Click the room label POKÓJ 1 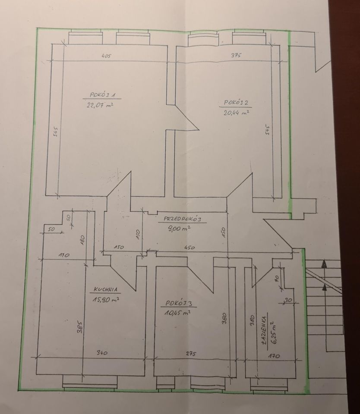pos(102,94)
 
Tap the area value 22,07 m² pos(100,105)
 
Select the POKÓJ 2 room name pos(236,103)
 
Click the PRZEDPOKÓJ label pos(183,219)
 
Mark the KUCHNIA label pos(105,289)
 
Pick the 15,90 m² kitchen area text pos(105,299)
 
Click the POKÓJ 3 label pos(179,303)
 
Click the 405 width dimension pos(106,56)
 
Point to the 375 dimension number pos(236,55)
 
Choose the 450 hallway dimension pos(189,248)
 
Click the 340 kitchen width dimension pos(102,352)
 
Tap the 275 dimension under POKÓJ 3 pos(190,354)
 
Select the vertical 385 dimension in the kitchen pos(81,327)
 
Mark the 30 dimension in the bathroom pos(288,300)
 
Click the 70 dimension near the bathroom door pos(277,279)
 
